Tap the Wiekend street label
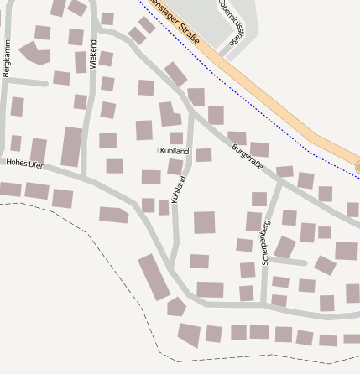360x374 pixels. (x=93, y=52)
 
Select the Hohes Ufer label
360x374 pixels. (x=24, y=164)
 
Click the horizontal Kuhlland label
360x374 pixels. (x=174, y=151)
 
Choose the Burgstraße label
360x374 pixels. (x=247, y=156)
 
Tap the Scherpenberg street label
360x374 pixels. (x=266, y=242)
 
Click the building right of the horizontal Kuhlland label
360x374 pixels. (x=204, y=154)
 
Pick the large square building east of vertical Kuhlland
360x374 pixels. (x=205, y=222)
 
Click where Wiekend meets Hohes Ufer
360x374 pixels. (x=86, y=177)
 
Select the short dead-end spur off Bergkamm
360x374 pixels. (x=29, y=82)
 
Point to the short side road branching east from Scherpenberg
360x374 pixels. (x=290, y=262)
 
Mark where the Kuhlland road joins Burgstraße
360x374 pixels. (x=192, y=112)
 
